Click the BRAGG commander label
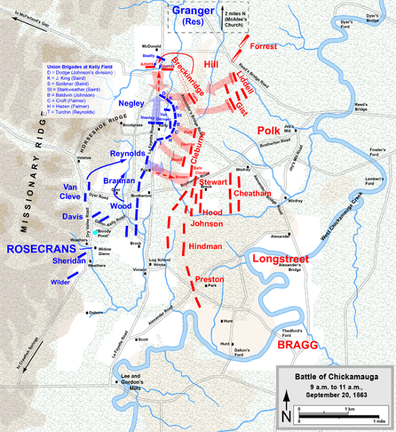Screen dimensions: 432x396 pos(296,346)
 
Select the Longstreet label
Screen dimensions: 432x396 pos(280,259)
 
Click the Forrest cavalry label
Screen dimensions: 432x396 pos(263,46)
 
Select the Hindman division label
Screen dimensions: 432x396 pos(207,247)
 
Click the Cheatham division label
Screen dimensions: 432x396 pos(251,193)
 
